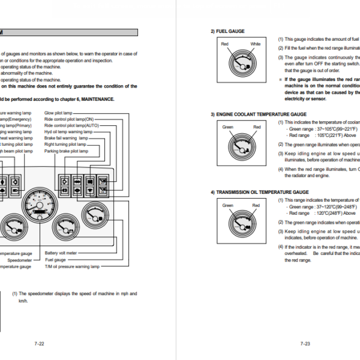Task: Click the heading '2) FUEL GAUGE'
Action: pos(227,31)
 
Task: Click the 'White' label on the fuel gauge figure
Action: pos(256,44)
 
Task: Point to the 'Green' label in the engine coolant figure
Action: pos(228,127)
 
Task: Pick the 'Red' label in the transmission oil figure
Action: pos(256,206)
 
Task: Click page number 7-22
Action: pos(39,344)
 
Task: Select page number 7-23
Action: pos(305,344)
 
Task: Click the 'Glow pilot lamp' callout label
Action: pos(59,112)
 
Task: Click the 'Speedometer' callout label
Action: pos(19,260)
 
